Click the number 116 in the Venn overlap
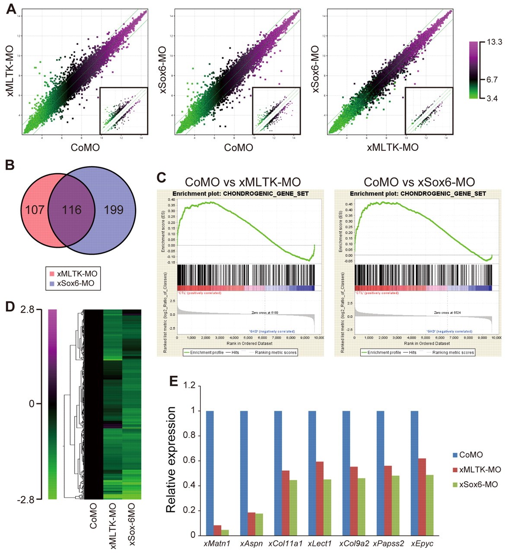click(72, 210)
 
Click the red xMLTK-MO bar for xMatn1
click(217, 530)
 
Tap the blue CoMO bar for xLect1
click(312, 473)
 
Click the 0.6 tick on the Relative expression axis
click(189, 461)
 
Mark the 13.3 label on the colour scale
click(494, 42)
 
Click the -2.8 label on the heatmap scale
click(32, 500)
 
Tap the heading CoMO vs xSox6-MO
click(419, 182)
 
